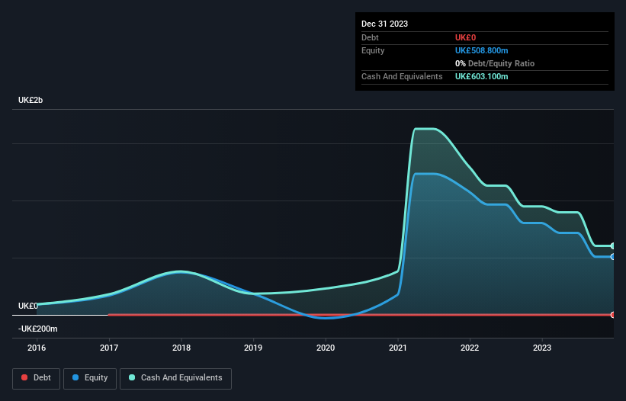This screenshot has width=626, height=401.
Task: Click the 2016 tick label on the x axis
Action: tap(37, 348)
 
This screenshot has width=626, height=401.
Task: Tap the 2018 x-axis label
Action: tap(181, 348)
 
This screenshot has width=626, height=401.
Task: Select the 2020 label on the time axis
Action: tap(326, 348)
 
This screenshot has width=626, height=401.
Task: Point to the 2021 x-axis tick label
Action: tap(398, 348)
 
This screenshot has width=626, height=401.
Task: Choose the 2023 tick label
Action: tap(542, 348)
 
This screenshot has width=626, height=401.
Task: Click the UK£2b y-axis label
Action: tap(31, 101)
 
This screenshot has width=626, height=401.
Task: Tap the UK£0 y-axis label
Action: tap(28, 306)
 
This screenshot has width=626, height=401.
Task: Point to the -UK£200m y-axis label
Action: tap(38, 329)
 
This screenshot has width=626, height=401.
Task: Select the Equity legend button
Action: tap(90, 377)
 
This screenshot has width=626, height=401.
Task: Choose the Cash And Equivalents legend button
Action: tap(175, 377)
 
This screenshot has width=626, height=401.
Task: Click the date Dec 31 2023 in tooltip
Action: tap(385, 24)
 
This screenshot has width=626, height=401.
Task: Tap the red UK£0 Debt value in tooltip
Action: tap(467, 37)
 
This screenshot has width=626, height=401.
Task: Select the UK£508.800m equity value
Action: tap(481, 50)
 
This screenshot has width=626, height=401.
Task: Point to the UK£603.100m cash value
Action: tap(481, 76)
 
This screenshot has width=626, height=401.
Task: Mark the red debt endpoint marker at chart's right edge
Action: tap(613, 315)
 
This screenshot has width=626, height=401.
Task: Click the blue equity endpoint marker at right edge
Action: tap(613, 257)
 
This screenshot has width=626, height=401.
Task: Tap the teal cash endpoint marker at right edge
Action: tap(613, 246)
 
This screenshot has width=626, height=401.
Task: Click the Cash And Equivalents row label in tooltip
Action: tap(402, 76)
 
